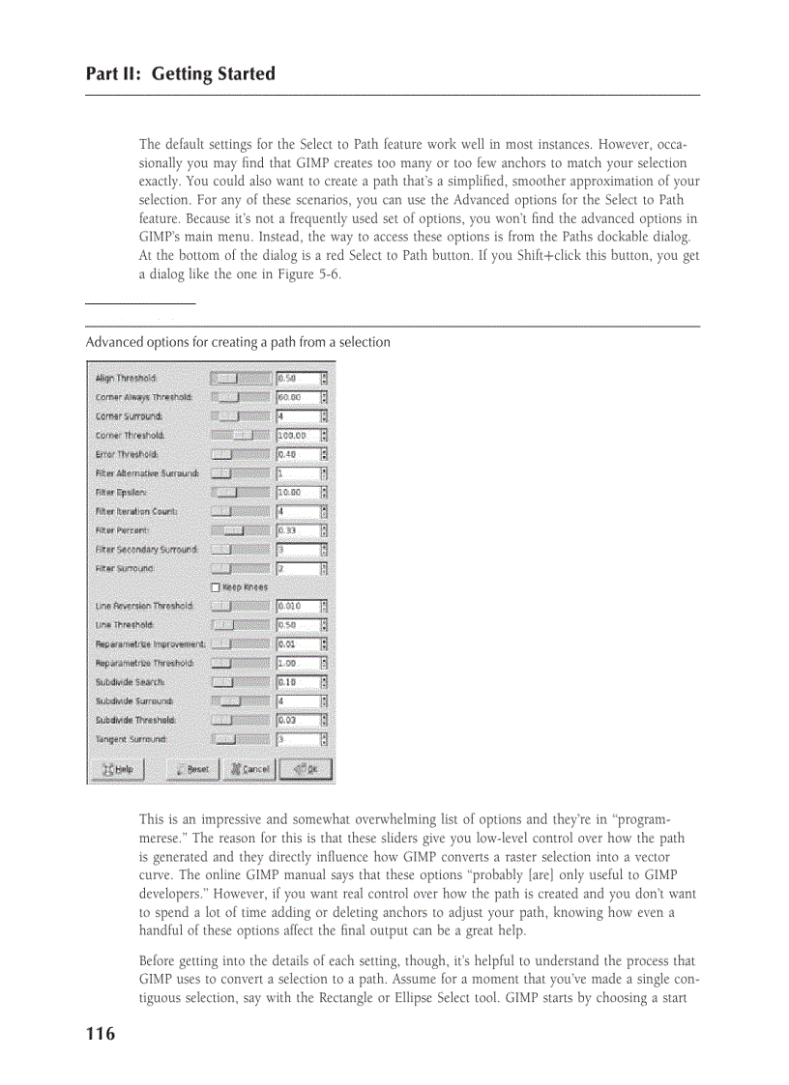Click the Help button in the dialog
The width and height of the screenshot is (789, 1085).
117,769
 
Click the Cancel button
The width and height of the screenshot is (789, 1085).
248,769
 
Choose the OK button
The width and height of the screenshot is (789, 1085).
306,769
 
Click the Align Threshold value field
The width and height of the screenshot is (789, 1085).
296,379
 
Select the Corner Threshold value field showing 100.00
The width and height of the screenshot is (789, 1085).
296,436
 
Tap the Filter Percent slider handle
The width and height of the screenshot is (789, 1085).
234,530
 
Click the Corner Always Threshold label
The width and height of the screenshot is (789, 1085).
143,397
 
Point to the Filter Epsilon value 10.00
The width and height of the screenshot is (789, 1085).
296,493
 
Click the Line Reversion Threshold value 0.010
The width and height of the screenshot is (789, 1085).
296,606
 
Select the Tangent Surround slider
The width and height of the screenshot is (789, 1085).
239,739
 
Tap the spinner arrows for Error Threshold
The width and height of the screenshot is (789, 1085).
325,454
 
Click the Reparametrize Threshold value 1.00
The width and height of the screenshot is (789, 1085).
296,663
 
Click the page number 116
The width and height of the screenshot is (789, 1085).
100,1035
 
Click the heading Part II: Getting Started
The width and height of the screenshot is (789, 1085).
180,74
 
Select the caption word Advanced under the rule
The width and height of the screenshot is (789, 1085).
113,342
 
